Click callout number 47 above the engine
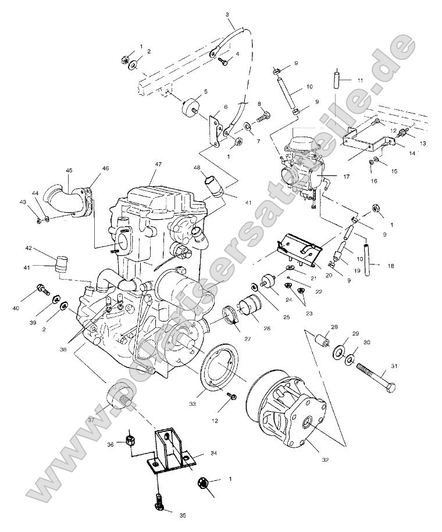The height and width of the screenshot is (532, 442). pyautogui.click(x=157, y=165)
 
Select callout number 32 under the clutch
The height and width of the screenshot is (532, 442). pyautogui.click(x=325, y=459)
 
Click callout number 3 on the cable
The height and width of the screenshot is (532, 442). pyautogui.click(x=227, y=14)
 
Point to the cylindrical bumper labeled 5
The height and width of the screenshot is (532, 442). pyautogui.click(x=190, y=107)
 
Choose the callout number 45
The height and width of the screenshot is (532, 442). pyautogui.click(x=69, y=170)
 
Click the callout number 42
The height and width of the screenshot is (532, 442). pyautogui.click(x=28, y=248)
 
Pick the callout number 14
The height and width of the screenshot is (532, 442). pyautogui.click(x=412, y=153)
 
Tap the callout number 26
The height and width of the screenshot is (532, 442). pyautogui.click(x=266, y=329)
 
